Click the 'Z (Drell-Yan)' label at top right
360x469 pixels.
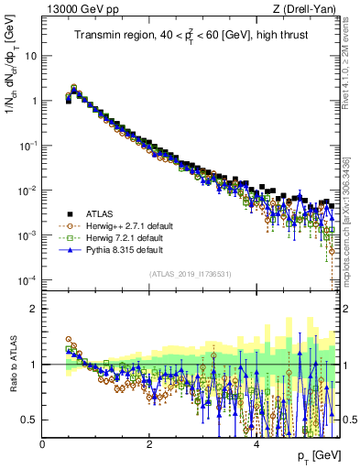312,9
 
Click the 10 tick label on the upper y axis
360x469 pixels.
31,56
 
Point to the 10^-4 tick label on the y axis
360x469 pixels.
27,280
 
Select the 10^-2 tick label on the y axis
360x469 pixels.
27,191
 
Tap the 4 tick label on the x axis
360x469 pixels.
256,444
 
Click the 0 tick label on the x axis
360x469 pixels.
43,444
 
